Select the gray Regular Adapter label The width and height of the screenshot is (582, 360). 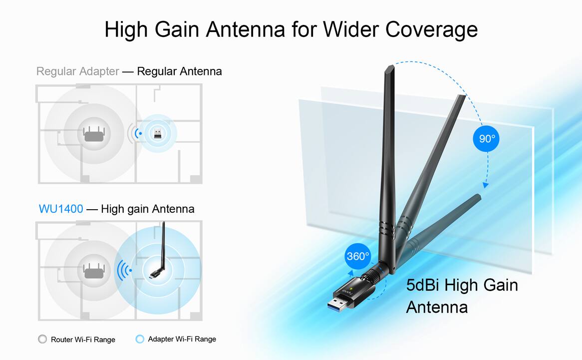(x=77, y=71)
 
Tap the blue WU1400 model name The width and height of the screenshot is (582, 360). (x=61, y=209)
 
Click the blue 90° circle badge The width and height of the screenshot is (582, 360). (x=486, y=138)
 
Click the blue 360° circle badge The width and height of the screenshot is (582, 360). (x=358, y=256)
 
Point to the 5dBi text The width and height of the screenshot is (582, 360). (x=423, y=286)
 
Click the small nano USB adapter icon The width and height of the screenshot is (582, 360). (x=157, y=133)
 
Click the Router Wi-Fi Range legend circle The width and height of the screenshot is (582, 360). (x=42, y=339)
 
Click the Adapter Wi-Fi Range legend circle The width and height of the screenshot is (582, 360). (x=140, y=339)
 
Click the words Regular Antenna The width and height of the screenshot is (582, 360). (x=179, y=71)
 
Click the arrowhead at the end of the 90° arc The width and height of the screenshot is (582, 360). (x=485, y=185)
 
